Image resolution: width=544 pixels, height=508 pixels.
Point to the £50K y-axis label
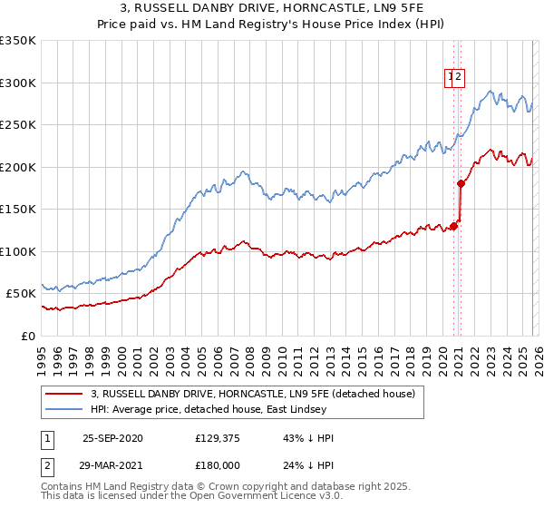(20, 294)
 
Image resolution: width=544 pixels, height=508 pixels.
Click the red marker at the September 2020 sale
(453, 227)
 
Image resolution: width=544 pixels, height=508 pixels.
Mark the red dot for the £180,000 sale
(461, 184)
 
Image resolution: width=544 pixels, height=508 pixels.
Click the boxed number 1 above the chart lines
(451, 78)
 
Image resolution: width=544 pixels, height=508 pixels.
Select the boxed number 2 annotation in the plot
(460, 78)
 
